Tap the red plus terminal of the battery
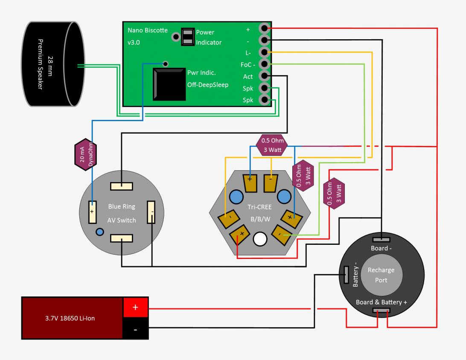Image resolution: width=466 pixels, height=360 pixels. tap(136, 308)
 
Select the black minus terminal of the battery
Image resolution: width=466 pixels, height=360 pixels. tap(136, 329)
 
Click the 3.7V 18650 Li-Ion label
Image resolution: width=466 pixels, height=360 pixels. tap(73, 318)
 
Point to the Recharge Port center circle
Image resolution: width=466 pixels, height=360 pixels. tap(381, 275)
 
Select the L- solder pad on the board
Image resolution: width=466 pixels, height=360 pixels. tap(264, 52)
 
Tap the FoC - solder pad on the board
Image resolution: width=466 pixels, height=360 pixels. tap(264, 64)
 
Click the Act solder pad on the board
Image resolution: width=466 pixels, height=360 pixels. tap(264, 76)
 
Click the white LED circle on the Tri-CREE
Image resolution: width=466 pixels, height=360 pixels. tap(260, 240)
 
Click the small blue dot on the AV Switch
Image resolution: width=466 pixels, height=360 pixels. tap(99, 232)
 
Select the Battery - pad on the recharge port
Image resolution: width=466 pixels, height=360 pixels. tap(346, 274)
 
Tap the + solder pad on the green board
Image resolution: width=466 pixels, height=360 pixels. tap(264, 29)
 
